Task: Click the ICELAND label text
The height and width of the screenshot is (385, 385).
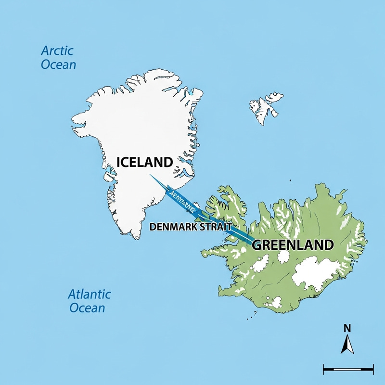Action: (x=144, y=162)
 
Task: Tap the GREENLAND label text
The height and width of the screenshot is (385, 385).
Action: (x=293, y=244)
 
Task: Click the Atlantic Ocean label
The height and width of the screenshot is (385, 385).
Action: (x=89, y=301)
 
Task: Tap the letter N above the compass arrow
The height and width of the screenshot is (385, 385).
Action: (x=347, y=329)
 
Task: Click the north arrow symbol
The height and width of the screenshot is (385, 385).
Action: (x=347, y=345)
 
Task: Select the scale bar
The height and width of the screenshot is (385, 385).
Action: (x=348, y=370)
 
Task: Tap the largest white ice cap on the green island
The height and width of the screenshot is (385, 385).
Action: (x=315, y=272)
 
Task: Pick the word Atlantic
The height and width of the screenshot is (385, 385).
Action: (x=90, y=294)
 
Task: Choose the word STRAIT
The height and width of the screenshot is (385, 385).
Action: (x=216, y=226)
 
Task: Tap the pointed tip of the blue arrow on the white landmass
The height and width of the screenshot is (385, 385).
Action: (x=150, y=175)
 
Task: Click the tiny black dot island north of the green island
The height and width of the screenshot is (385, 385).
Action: (x=290, y=180)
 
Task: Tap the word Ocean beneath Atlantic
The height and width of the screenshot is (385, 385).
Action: (x=87, y=308)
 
